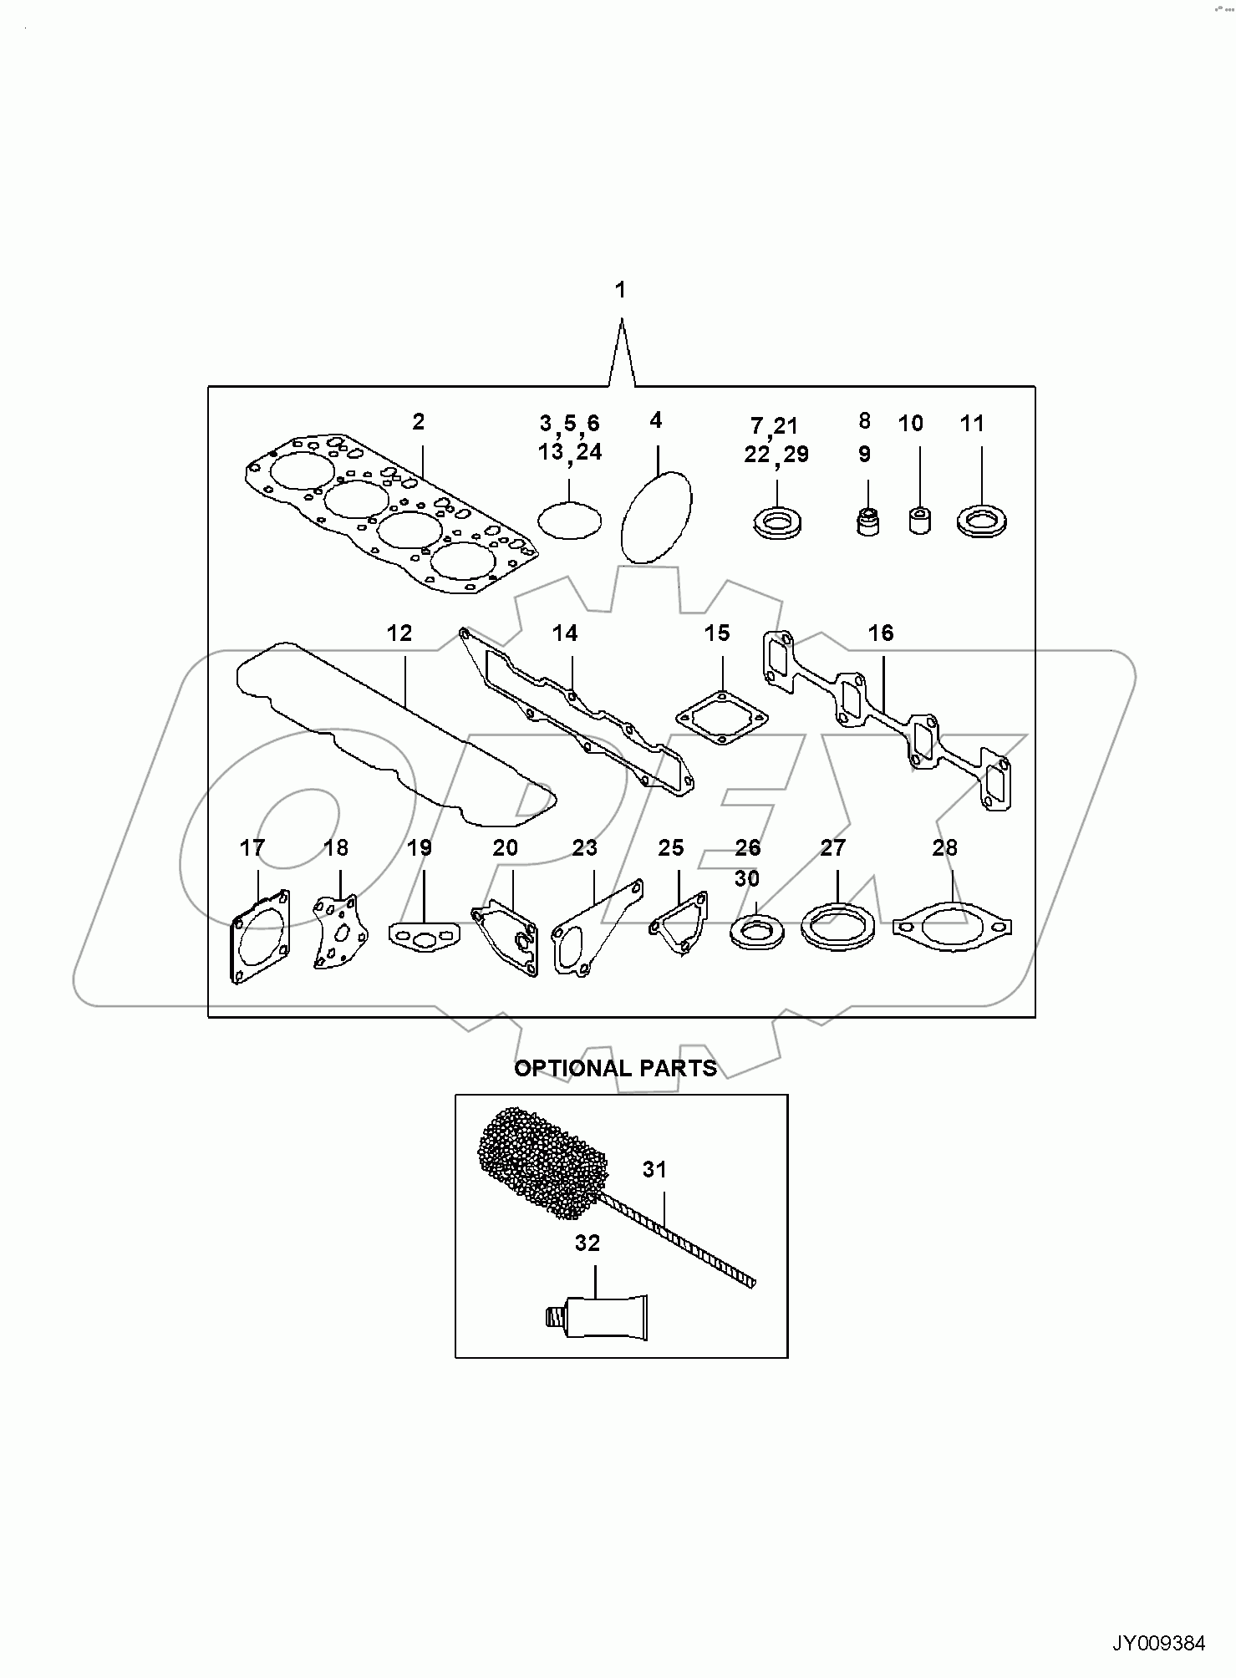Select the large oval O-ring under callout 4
[658, 516]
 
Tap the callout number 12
[399, 633]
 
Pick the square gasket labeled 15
[721, 717]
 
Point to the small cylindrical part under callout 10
[919, 520]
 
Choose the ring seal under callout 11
[981, 521]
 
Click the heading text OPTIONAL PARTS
[615, 1068]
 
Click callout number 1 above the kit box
[620, 290]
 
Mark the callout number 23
[585, 848]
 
